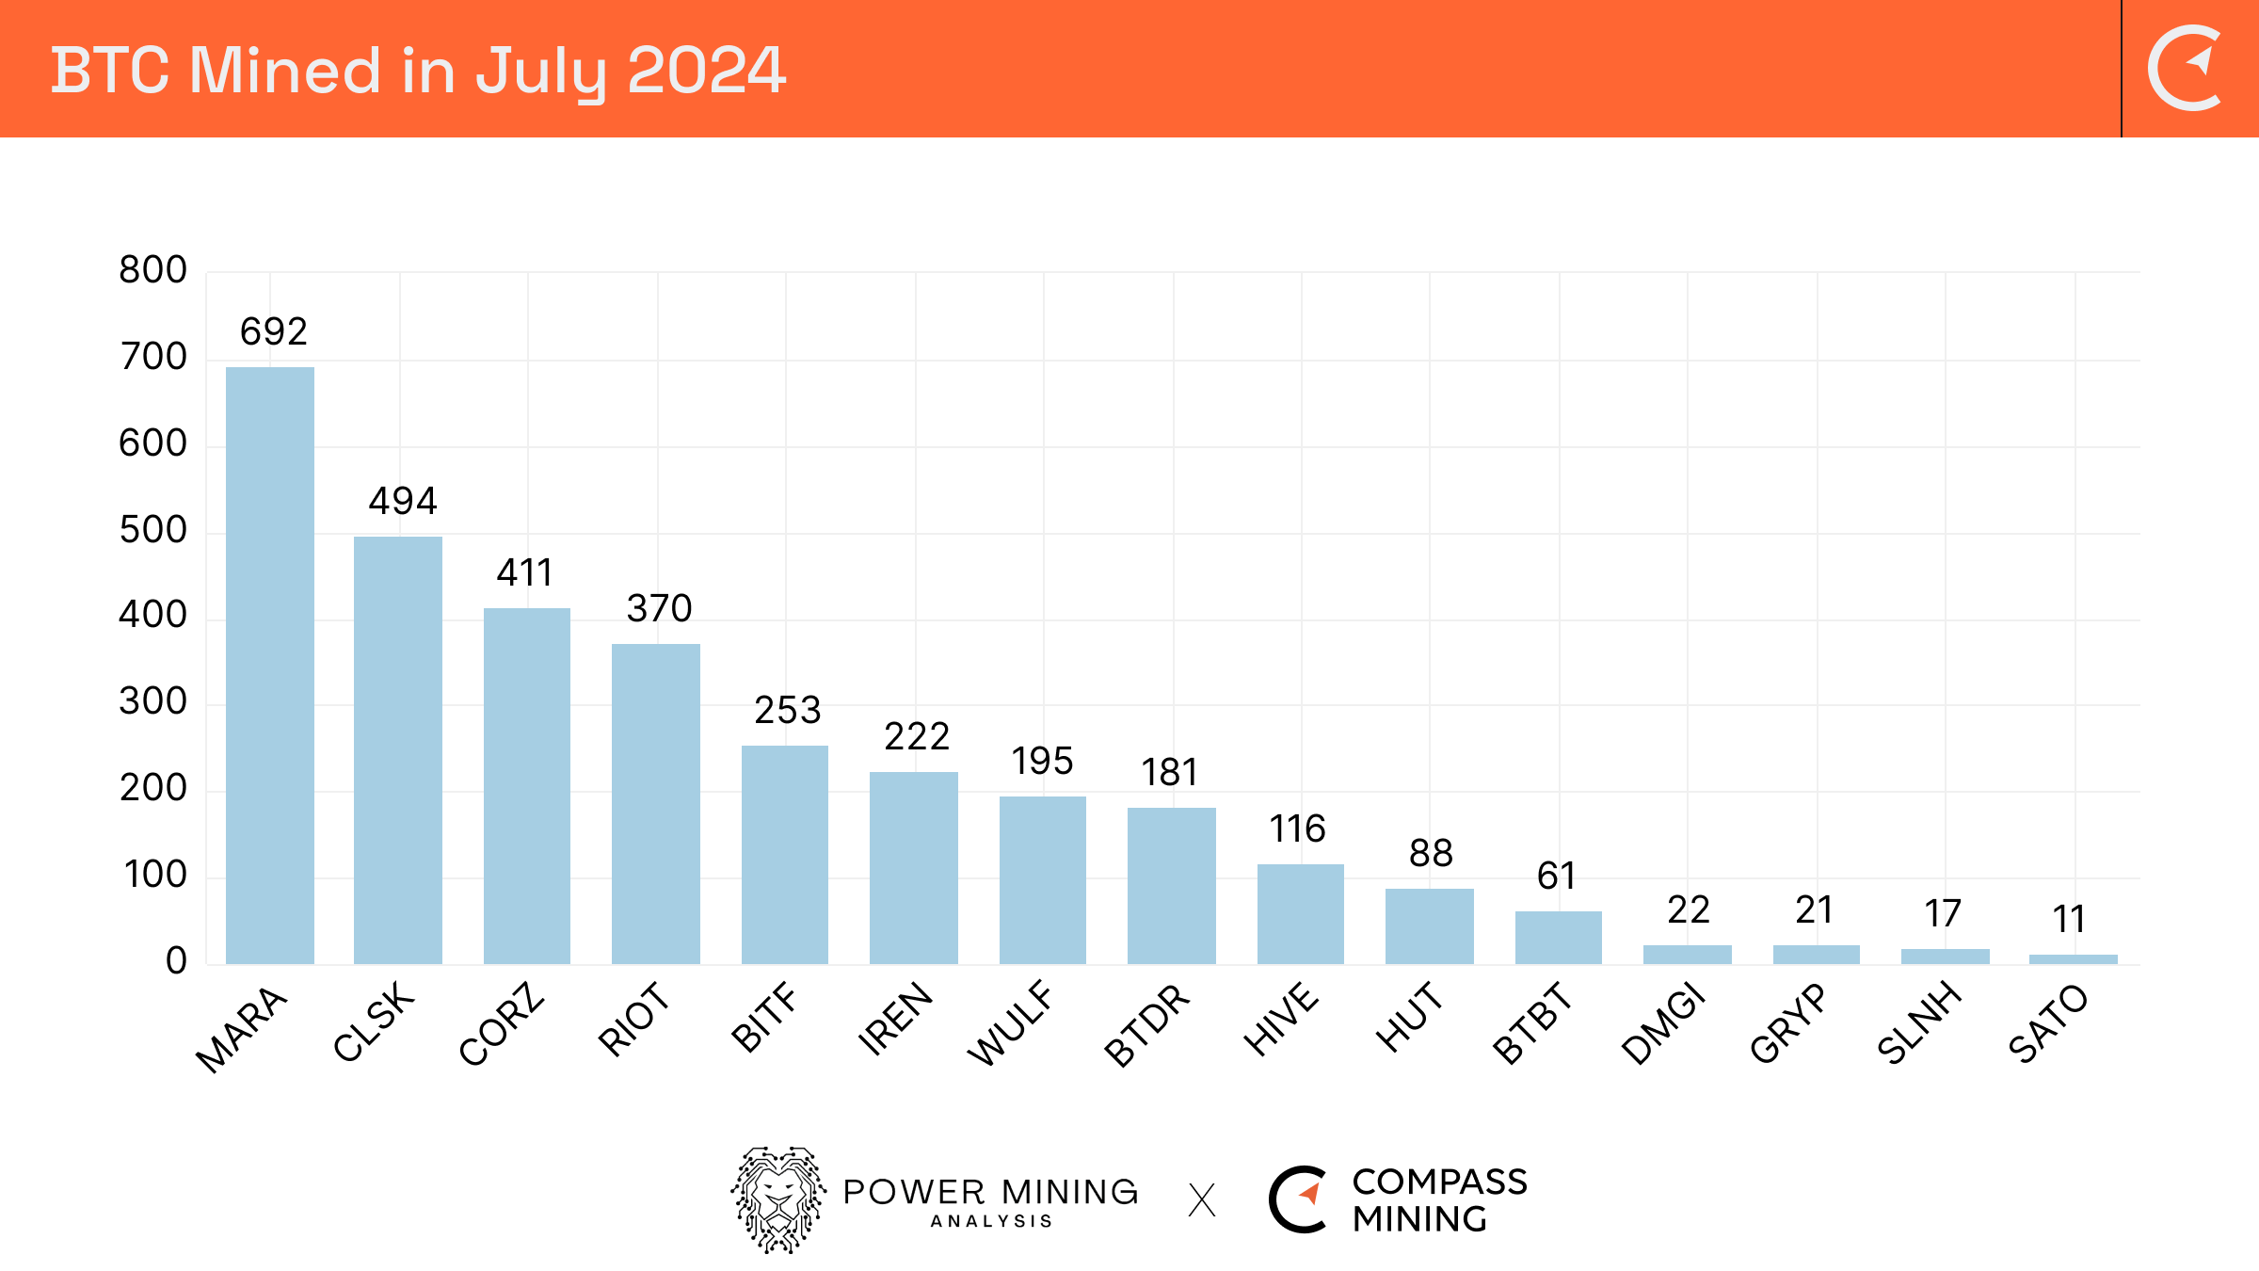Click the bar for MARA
tap(270, 665)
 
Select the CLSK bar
tap(398, 749)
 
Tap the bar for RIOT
tap(656, 803)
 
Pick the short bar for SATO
tap(2074, 958)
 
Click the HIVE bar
tap(1301, 913)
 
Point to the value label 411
tap(524, 572)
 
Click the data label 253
tap(787, 710)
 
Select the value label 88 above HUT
tap(1431, 853)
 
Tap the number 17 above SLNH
tap(1943, 913)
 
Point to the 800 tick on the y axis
tap(152, 270)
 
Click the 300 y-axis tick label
tap(152, 701)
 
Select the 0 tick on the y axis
tap(176, 961)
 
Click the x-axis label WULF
tap(1010, 1023)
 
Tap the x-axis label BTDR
tap(1146, 1025)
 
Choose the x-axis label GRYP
tap(1787, 1023)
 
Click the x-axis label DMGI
tap(1663, 1023)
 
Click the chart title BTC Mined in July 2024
tap(418, 71)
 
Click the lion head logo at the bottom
tap(778, 1199)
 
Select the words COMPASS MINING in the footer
tap(1439, 1200)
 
